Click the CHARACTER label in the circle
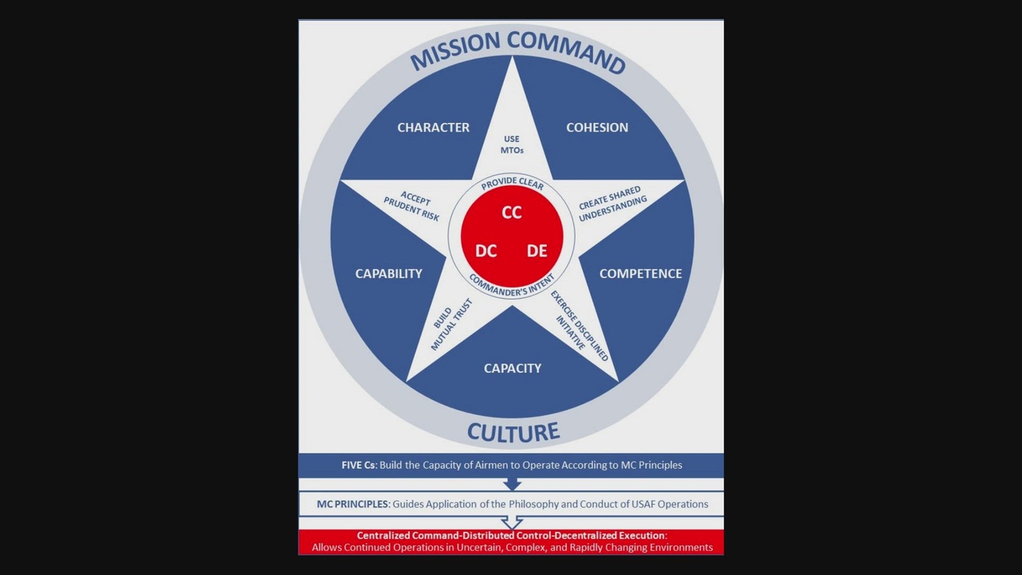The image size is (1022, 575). click(x=434, y=128)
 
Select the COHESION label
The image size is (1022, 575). click(x=597, y=128)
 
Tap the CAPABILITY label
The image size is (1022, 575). click(x=389, y=274)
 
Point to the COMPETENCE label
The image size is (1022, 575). click(x=640, y=274)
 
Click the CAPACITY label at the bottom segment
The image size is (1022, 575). click(x=513, y=368)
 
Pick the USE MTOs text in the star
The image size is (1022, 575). click(x=512, y=145)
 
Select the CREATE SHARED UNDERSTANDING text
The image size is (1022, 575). click(x=612, y=204)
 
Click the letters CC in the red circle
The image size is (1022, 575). click(x=512, y=212)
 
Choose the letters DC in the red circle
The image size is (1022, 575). click(x=486, y=251)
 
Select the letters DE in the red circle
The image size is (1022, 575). click(x=537, y=251)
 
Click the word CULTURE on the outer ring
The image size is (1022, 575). click(x=513, y=432)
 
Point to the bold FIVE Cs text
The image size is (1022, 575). click(x=358, y=465)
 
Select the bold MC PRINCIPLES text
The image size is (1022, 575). click(x=353, y=504)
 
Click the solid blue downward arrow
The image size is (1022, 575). click(x=512, y=484)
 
